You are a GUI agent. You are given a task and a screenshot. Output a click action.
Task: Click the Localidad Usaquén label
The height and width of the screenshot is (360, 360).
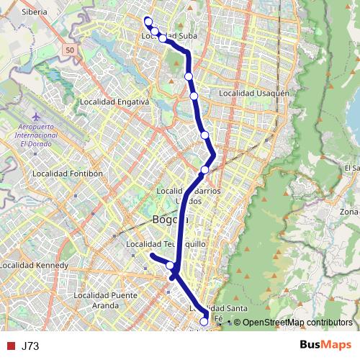(x=254, y=93)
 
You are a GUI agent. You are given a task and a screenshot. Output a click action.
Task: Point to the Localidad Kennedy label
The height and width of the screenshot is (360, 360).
(x=34, y=266)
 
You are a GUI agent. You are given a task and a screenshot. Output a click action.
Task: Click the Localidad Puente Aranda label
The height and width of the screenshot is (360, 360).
(x=105, y=300)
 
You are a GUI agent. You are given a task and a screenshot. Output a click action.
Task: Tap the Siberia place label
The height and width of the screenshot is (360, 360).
(x=33, y=12)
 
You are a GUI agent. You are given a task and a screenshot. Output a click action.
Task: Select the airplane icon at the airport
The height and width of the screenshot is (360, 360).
(x=36, y=116)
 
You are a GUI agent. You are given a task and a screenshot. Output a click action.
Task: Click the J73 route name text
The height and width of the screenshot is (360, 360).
(x=30, y=346)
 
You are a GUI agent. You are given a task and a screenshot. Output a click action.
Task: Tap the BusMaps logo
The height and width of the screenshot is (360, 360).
(x=325, y=346)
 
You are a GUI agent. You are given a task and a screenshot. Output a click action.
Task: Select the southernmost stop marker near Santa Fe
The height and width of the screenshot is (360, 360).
(x=204, y=322)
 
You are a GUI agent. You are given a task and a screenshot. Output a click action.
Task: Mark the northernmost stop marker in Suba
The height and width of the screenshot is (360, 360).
(x=148, y=21)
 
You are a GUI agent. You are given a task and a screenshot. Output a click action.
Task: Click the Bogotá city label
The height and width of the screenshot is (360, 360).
(x=170, y=220)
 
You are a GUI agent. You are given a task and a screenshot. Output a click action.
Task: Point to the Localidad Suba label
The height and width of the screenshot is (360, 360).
(x=169, y=35)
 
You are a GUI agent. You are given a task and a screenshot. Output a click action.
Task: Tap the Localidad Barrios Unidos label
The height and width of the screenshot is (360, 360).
(x=189, y=195)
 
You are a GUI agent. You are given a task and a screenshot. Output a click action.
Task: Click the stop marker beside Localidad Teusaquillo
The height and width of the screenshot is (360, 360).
(x=171, y=266)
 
